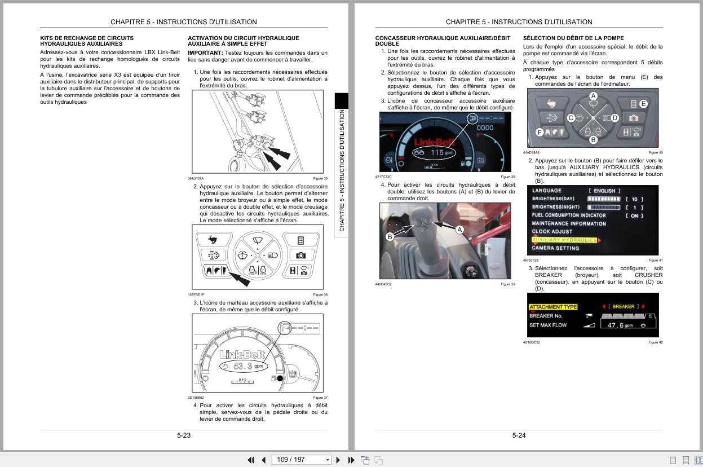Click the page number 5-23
(x=184, y=435)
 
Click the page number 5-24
(x=519, y=435)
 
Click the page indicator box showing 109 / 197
(x=302, y=460)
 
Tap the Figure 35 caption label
(x=320, y=178)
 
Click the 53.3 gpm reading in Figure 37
(x=242, y=366)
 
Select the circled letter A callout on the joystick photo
(x=459, y=230)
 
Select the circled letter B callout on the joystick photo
(x=390, y=237)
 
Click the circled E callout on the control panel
(x=643, y=104)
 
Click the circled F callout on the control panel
(x=540, y=133)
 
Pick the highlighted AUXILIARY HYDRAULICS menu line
(x=564, y=240)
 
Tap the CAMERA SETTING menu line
(x=555, y=248)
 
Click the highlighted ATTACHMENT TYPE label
(x=553, y=307)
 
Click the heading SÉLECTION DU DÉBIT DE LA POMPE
(x=573, y=38)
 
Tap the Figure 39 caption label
(x=507, y=284)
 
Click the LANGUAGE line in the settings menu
(x=547, y=191)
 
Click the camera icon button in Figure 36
(x=300, y=255)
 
